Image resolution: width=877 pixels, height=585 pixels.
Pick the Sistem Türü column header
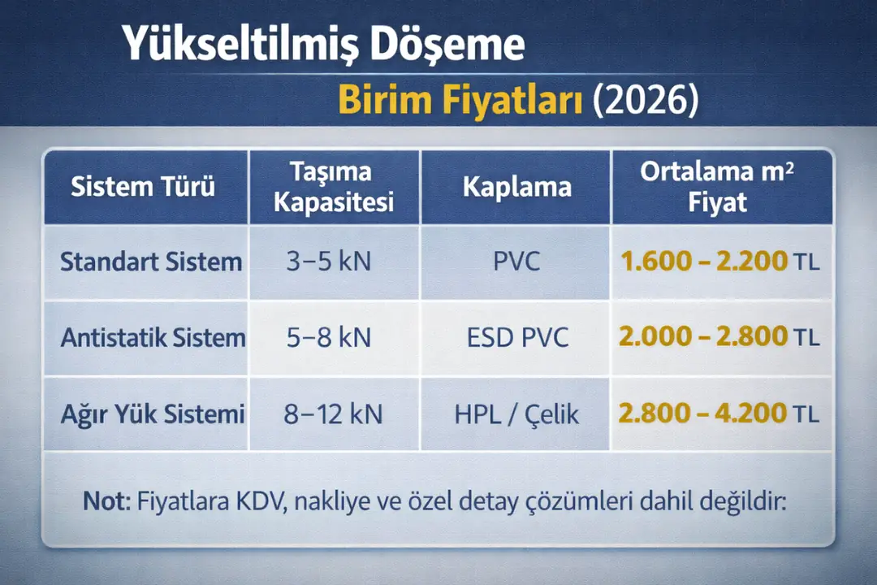[144, 188]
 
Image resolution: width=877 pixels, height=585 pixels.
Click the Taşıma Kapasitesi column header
[334, 187]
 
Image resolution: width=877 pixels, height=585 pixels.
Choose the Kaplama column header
[517, 188]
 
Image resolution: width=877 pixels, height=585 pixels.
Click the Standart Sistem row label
[151, 262]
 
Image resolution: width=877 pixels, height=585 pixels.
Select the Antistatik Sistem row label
[153, 337]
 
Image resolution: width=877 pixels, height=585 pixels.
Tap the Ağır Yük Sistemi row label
[153, 414]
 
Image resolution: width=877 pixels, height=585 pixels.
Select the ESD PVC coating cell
[517, 337]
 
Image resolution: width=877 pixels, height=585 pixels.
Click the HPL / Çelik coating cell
[517, 414]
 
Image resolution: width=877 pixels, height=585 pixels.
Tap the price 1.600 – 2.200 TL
[719, 262]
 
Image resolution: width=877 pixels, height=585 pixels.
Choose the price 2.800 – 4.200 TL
[719, 414]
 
